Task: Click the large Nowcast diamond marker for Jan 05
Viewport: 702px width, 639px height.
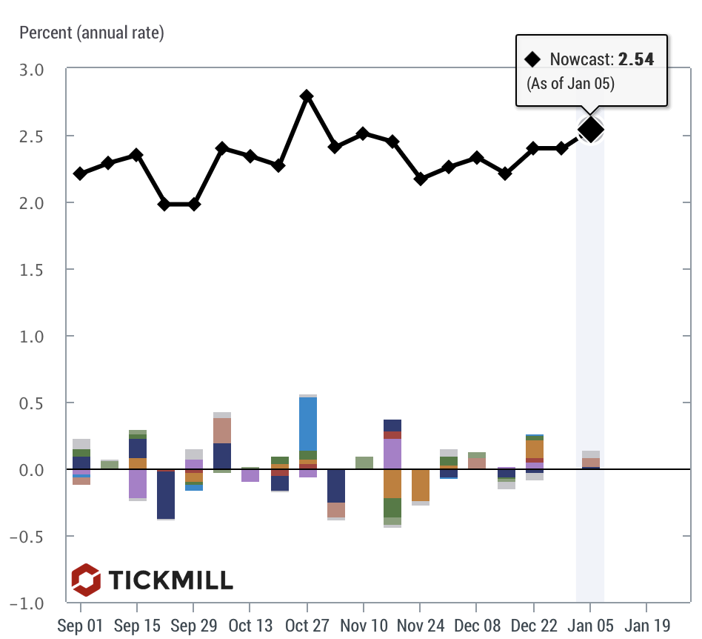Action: [590, 130]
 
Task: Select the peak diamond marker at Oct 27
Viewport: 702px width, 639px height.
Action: [307, 97]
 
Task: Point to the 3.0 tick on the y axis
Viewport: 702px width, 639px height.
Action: [32, 70]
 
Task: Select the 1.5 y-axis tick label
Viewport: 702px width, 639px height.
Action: [32, 270]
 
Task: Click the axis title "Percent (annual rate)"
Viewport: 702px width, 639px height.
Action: [92, 33]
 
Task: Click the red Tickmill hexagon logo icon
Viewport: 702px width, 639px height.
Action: [86, 580]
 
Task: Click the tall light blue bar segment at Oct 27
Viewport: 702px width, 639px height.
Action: [307, 423]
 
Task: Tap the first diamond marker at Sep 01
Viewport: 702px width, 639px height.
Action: [80, 173]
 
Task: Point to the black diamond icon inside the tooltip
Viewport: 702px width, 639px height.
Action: [532, 59]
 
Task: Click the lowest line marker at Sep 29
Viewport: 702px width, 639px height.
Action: [194, 204]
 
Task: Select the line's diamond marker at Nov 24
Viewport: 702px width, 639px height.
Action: [421, 179]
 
